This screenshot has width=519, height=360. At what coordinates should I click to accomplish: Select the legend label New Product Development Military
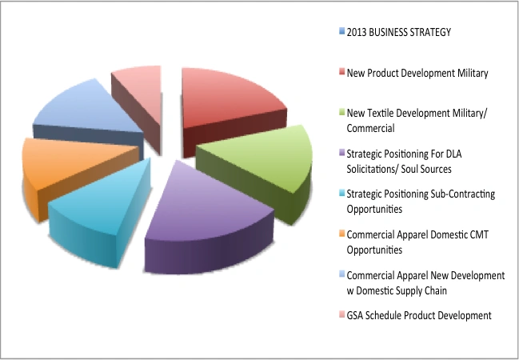click(417, 73)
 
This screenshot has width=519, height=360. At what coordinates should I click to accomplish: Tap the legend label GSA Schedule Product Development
click(418, 315)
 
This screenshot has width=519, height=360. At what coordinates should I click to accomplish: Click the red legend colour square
click(341, 73)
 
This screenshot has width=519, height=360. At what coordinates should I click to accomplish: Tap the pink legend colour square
click(341, 315)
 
